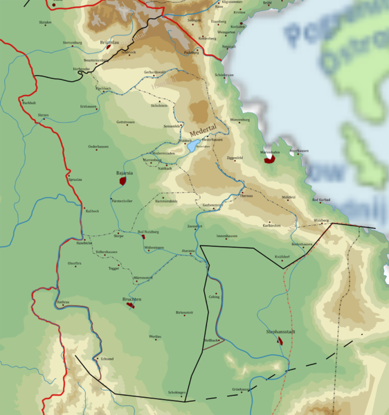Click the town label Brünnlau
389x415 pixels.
(109, 42)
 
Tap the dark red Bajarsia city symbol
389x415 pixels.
(123, 181)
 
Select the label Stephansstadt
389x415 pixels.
(281, 332)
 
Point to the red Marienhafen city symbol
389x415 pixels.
(269, 159)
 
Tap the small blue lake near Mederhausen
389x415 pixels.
(192, 146)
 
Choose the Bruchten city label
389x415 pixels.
(132, 299)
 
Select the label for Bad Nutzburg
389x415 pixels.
(148, 231)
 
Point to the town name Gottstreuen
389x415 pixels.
(125, 122)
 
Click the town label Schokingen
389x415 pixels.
(177, 392)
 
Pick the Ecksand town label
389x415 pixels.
(107, 358)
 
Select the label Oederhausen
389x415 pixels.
(98, 146)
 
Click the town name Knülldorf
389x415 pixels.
(282, 256)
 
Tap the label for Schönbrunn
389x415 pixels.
(224, 74)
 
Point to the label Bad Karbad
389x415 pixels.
(321, 200)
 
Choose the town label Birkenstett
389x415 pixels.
(184, 312)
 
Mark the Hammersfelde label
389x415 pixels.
(166, 201)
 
